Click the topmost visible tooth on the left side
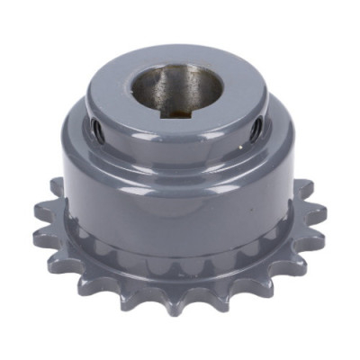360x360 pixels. [56, 188]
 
